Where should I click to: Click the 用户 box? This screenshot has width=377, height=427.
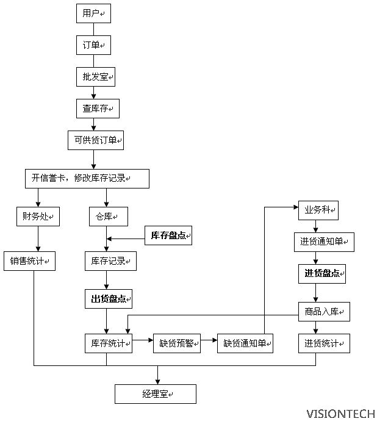coord(93,13)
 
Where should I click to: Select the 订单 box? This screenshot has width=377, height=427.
coord(93,45)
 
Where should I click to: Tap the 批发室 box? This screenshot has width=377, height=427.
coord(93,77)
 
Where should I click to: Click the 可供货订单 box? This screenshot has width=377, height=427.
coord(95,141)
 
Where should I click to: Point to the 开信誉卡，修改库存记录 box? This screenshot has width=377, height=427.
coord(87,178)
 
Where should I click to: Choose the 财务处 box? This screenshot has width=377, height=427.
coord(38,217)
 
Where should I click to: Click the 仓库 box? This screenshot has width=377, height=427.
coord(108,217)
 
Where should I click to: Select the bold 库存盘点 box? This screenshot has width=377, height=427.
coord(168,235)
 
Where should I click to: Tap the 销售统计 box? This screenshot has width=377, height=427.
coord(29,261)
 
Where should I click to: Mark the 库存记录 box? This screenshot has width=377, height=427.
coord(110,261)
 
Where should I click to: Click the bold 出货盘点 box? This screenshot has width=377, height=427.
coord(110,299)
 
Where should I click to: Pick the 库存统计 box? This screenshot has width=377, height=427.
coord(110,343)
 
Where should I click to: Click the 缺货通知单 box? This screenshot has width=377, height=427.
coord(245,343)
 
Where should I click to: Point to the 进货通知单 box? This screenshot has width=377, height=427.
coord(323,242)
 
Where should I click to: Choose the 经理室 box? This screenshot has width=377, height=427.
coord(156,394)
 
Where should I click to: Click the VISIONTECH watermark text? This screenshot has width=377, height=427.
coord(340,414)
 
